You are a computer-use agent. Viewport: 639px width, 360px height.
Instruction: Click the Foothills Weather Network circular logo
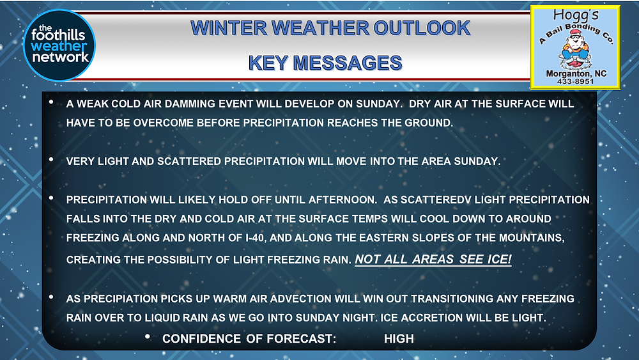59,45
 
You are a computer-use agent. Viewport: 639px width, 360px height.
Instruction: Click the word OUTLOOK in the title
422,28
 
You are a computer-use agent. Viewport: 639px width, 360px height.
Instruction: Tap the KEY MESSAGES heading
325,63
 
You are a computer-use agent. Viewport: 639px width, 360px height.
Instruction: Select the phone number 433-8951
576,82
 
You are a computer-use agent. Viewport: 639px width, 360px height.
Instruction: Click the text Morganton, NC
576,74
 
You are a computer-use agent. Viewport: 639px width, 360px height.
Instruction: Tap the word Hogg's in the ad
576,16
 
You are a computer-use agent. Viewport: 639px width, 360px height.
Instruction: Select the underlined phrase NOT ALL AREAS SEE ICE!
433,260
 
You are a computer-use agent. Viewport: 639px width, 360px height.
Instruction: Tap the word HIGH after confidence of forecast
399,339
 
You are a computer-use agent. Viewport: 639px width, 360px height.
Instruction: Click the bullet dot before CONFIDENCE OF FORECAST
148,337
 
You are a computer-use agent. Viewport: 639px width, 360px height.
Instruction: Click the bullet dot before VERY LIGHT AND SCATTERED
51,159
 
